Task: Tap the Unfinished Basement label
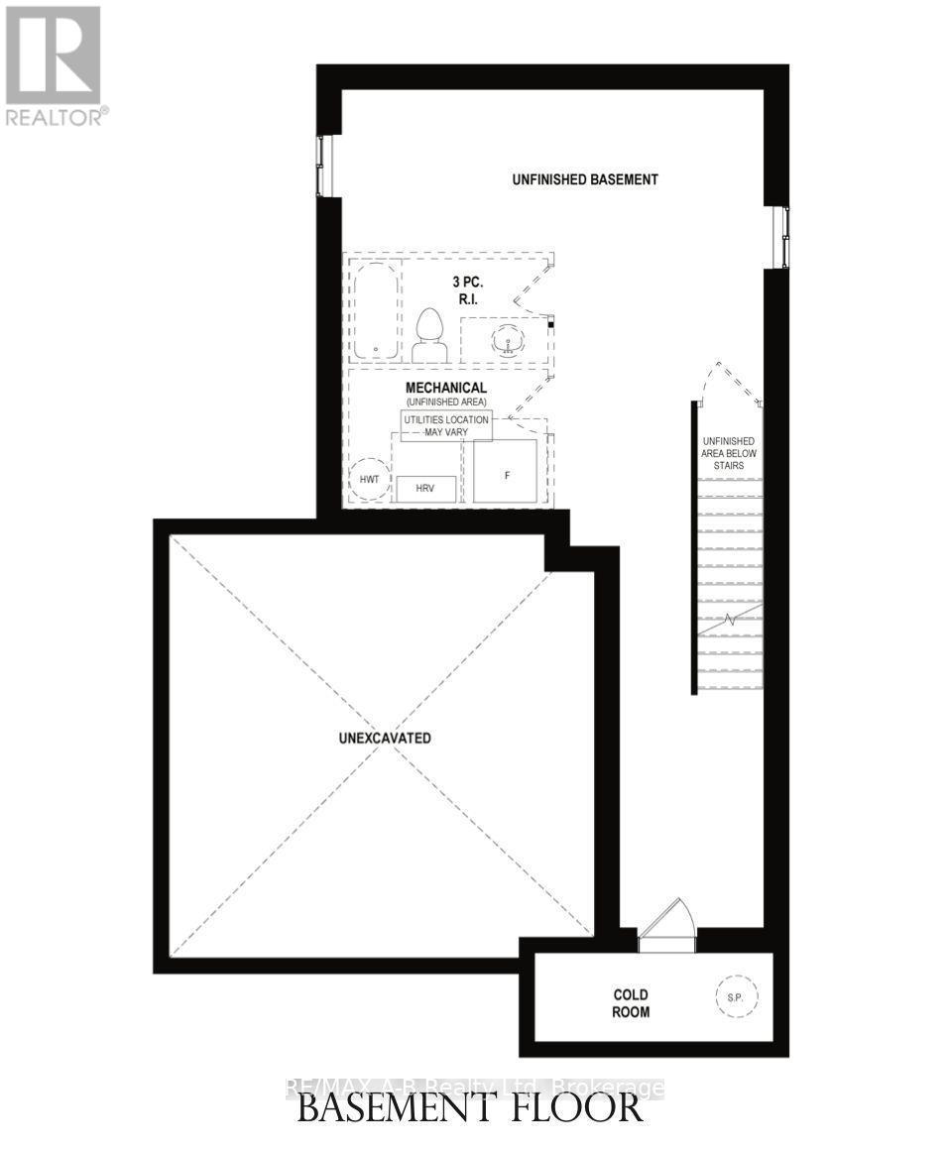tap(585, 179)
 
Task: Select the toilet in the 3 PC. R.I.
tap(429, 336)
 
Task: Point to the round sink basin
tap(510, 341)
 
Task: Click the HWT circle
tap(370, 480)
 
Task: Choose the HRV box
tap(426, 488)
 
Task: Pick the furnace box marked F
tap(506, 472)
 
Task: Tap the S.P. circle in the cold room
tap(732, 992)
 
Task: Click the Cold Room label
tap(631, 1003)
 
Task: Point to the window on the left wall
tap(322, 166)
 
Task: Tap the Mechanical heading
tap(445, 387)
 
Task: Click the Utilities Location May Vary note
tap(445, 425)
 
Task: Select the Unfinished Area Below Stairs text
tap(729, 452)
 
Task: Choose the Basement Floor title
tap(470, 1108)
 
